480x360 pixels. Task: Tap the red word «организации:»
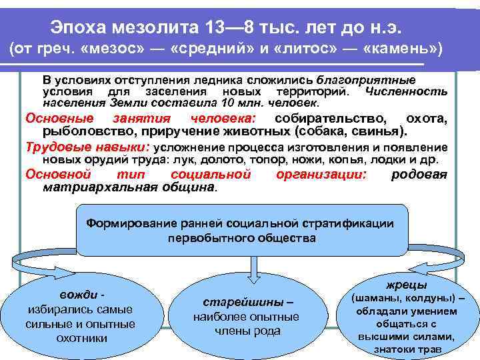click(321, 175)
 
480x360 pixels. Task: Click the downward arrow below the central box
click(251, 267)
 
